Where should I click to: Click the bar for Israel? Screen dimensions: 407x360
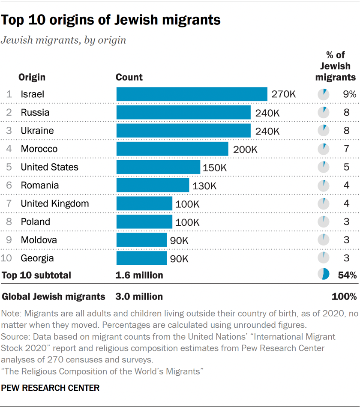192,94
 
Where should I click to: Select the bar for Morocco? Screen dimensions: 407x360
172,149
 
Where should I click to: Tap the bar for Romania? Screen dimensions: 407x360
153,186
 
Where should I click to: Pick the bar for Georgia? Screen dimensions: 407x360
141,258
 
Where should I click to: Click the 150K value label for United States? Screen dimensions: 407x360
214,168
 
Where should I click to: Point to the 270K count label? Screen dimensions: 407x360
283,94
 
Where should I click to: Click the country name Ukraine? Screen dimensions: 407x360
37,131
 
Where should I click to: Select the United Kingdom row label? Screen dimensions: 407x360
55,203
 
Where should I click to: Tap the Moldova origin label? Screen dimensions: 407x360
39,240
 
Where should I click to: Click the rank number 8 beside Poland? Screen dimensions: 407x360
9,222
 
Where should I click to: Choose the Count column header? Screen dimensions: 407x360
129,77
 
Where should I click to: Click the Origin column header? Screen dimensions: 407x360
32,77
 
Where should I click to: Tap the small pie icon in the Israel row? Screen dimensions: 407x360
324,94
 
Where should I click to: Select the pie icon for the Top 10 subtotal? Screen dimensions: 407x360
323,275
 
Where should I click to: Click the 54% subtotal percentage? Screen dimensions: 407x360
347,275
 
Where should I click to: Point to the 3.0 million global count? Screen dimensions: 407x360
139,296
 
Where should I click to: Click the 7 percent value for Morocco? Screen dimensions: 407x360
346,149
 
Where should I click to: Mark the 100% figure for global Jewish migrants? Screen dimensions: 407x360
344,296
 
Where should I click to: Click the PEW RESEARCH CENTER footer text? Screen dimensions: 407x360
51,388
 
